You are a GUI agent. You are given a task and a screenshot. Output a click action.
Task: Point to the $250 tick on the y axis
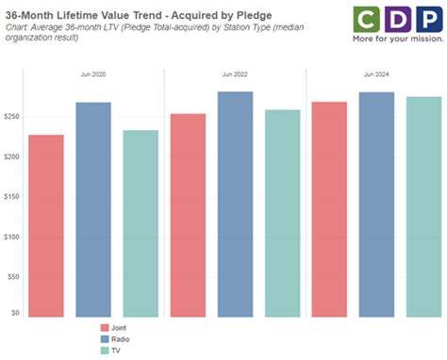click(x=13, y=116)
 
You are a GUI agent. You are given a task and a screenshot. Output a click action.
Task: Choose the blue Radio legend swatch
click(x=107, y=339)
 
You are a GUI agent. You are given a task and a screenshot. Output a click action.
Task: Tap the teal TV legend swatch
click(x=107, y=351)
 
